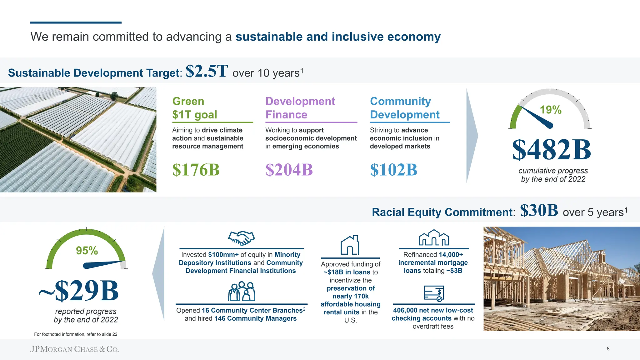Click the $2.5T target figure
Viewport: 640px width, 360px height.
(x=207, y=71)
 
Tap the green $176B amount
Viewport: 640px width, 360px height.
(x=196, y=170)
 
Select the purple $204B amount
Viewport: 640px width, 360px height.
(x=289, y=170)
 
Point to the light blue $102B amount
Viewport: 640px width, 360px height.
(x=393, y=170)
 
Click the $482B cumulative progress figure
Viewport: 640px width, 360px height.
(x=552, y=150)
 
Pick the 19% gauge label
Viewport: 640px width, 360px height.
(x=551, y=110)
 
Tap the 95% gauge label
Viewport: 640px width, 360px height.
(x=87, y=251)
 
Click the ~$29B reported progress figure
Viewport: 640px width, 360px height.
(x=79, y=291)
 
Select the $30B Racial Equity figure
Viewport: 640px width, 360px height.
(x=539, y=210)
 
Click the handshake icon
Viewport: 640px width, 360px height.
(x=242, y=238)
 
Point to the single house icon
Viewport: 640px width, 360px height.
(x=350, y=245)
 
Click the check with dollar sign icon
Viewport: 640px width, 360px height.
(x=434, y=293)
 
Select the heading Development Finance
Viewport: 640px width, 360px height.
(x=300, y=108)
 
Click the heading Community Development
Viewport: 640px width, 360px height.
(x=405, y=108)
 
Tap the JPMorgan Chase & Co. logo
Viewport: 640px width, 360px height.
(x=74, y=349)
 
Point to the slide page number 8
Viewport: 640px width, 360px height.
(x=608, y=349)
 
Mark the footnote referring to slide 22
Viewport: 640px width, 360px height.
(x=76, y=334)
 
